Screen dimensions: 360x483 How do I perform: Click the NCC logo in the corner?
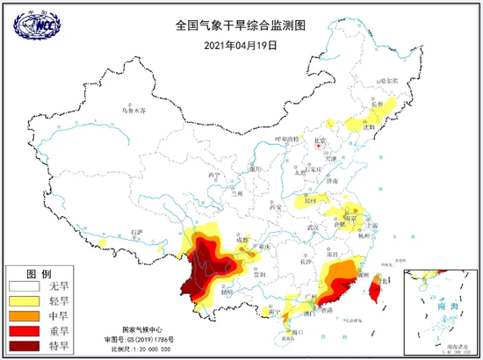click(33, 25)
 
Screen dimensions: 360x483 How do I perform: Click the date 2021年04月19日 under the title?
click(241, 44)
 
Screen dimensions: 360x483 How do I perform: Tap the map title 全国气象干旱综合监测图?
click(241, 26)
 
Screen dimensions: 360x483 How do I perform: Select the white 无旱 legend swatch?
click(23, 285)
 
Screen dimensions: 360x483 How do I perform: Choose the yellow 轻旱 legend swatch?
click(23, 300)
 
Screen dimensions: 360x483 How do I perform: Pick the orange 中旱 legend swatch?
click(23, 315)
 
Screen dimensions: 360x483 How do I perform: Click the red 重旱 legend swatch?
click(23, 330)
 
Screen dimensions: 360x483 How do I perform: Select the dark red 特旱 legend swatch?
click(23, 345)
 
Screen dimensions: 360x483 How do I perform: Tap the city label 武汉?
click(312, 228)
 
